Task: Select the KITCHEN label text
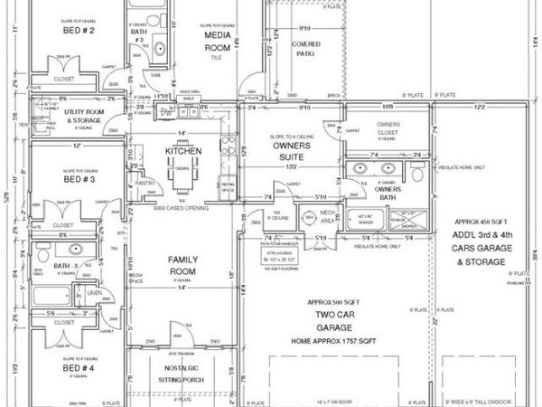[x=183, y=151]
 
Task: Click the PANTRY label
[x=138, y=182]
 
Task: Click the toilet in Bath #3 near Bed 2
[x=157, y=48]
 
